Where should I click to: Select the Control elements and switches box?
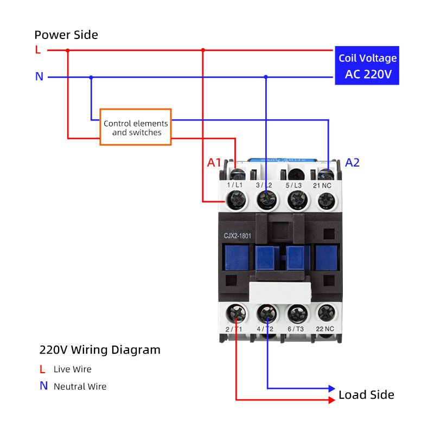[x=136, y=127]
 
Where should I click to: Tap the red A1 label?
[x=214, y=162]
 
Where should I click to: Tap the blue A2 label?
[x=353, y=162]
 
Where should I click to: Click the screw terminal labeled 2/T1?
[x=237, y=312]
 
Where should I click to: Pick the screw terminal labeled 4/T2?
[x=266, y=312]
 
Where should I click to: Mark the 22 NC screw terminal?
[x=324, y=312]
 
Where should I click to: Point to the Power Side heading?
[x=66, y=35]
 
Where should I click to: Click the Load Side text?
[x=366, y=394]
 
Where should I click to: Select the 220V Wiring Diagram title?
[x=100, y=350]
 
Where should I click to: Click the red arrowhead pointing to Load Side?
[x=331, y=400]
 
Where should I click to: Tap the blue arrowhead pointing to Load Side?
[x=331, y=388]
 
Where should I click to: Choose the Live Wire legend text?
[x=72, y=369]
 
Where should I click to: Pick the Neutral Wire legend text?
[x=80, y=387]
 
